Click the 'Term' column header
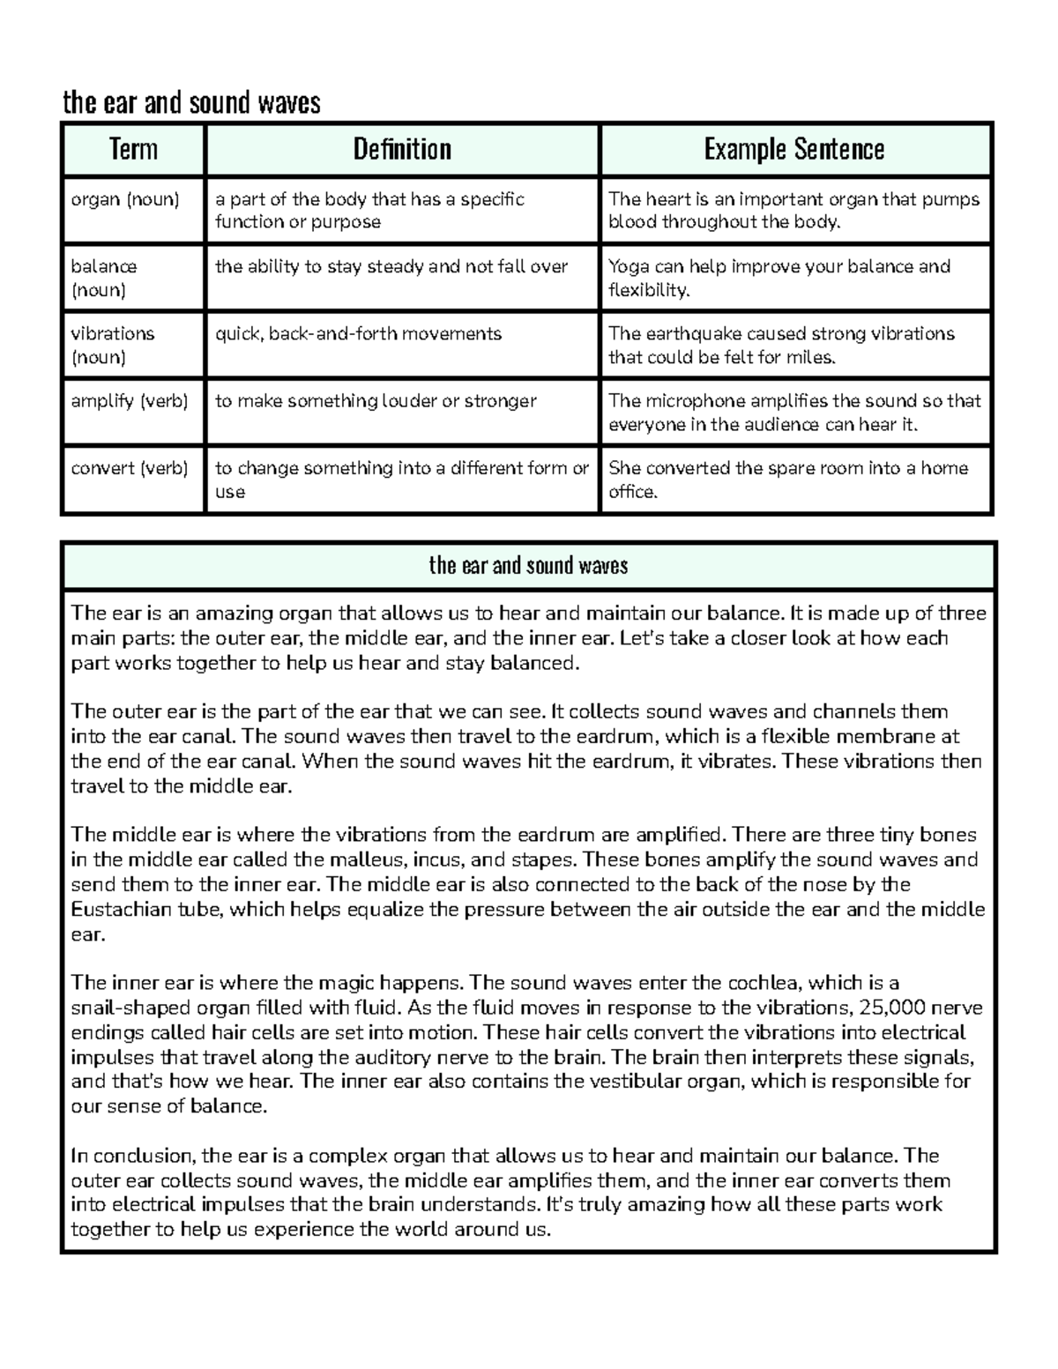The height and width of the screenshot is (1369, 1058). (133, 149)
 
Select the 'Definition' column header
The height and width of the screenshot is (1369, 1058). (402, 149)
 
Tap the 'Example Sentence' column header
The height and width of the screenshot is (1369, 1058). (793, 149)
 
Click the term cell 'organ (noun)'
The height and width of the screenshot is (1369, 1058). (124, 199)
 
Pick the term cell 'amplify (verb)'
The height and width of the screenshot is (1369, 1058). (129, 401)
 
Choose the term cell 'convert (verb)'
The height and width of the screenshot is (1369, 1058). (129, 468)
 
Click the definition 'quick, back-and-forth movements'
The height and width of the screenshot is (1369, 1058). (358, 334)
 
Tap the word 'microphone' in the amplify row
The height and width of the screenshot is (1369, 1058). (694, 401)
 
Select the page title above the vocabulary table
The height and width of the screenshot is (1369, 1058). (191, 103)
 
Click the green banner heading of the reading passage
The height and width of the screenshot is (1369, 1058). (528, 565)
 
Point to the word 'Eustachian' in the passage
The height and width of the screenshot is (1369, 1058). (119, 909)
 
